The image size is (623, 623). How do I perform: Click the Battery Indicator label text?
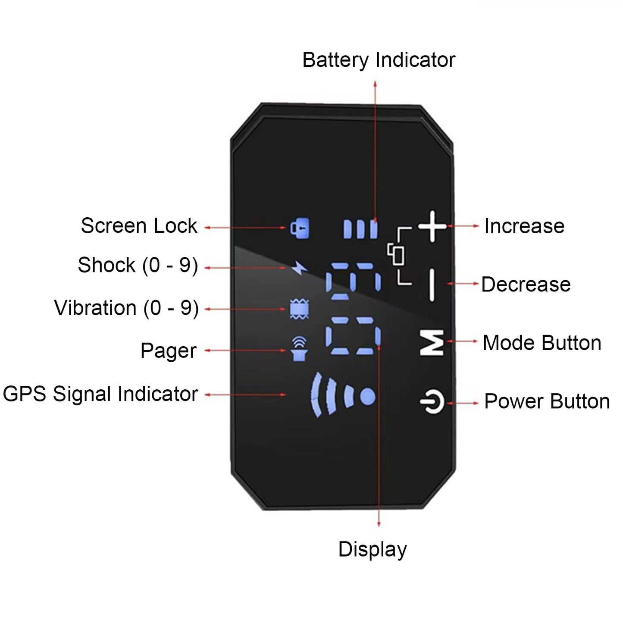(x=379, y=60)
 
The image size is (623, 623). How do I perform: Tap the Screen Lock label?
(x=139, y=226)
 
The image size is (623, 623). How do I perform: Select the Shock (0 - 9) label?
(x=138, y=265)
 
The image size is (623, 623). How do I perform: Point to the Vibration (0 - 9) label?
(x=126, y=308)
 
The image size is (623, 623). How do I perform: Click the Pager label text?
(x=168, y=351)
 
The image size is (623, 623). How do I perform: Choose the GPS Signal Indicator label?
(x=100, y=394)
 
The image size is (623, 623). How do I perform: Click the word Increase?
(x=524, y=226)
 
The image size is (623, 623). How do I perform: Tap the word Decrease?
(x=526, y=285)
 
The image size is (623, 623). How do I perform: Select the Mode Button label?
(x=542, y=343)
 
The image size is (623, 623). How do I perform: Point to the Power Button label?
(x=547, y=401)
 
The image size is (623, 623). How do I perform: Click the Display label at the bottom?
(x=373, y=550)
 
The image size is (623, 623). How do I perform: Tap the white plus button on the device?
(x=432, y=226)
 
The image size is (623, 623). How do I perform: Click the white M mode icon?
(x=432, y=343)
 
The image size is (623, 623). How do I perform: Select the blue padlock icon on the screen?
(x=300, y=228)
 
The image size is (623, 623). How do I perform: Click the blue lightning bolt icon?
(x=299, y=268)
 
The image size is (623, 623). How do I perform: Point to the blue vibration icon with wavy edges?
(x=299, y=309)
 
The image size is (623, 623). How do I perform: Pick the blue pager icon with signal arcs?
(x=299, y=349)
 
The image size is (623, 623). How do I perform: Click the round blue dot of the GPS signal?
(x=367, y=397)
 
